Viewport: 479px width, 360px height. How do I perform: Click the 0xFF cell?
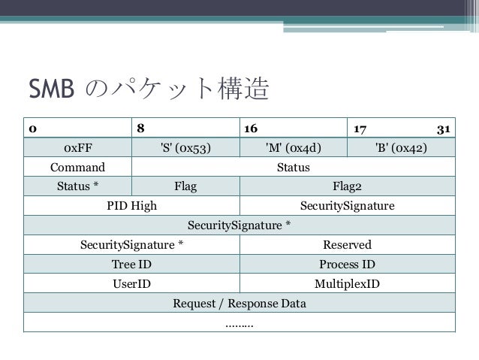pyautogui.click(x=77, y=147)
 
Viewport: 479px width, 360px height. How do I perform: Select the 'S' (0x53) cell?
pyautogui.click(x=185, y=147)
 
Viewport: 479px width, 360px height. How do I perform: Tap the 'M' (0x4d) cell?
pyautogui.click(x=294, y=147)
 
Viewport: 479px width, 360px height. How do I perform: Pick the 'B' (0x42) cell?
pyautogui.click(x=401, y=147)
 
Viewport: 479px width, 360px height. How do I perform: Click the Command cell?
pyautogui.click(x=77, y=166)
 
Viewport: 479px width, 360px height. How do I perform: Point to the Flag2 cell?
pyautogui.click(x=347, y=186)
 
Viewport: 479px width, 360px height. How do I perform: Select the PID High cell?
pyautogui.click(x=131, y=205)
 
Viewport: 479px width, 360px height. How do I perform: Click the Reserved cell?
pyautogui.click(x=347, y=244)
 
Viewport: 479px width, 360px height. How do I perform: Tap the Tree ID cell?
pyautogui.click(x=131, y=264)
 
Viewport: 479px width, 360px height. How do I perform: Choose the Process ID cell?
pyautogui.click(x=347, y=264)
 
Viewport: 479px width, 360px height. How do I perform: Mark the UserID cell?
pyautogui.click(x=131, y=284)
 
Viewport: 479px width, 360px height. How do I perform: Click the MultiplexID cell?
pyautogui.click(x=347, y=284)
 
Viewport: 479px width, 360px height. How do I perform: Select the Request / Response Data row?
pyautogui.click(x=239, y=304)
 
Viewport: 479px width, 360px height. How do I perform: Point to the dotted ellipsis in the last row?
pyautogui.click(x=239, y=323)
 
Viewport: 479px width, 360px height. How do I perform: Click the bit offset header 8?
pyautogui.click(x=140, y=128)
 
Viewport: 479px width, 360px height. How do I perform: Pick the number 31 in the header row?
pyautogui.click(x=443, y=128)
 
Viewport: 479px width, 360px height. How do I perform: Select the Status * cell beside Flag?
pyautogui.click(x=77, y=186)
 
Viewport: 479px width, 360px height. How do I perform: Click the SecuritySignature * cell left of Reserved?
pyautogui.click(x=131, y=244)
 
